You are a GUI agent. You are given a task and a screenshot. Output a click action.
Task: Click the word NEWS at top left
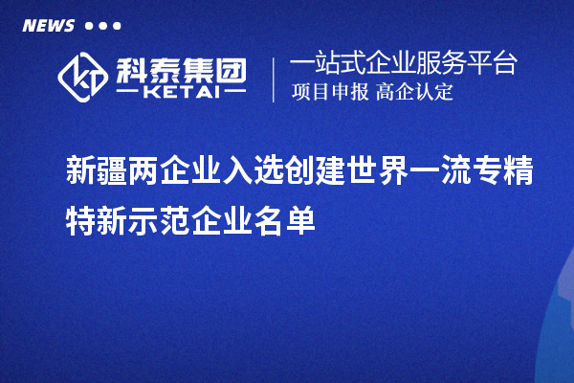coord(47,25)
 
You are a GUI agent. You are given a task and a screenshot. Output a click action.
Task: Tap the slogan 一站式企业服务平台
coord(403,64)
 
